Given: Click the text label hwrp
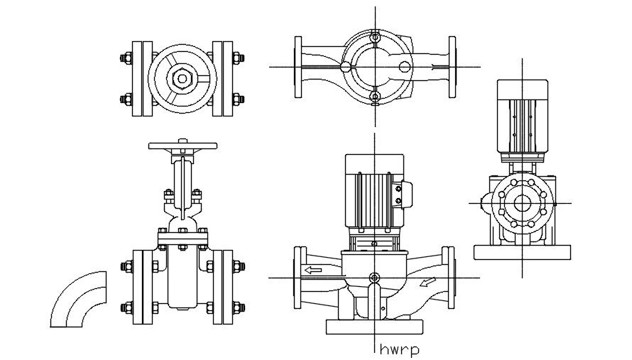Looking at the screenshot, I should coord(398,349).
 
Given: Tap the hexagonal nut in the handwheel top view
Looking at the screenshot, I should coord(182,77).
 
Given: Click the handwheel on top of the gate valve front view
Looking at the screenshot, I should coord(182,146).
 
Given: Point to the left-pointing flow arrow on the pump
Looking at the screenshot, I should coord(312,270).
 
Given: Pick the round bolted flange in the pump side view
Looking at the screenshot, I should coord(523,203).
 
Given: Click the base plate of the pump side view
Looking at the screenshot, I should coord(523,251).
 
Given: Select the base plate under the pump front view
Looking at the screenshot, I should coord(374,327).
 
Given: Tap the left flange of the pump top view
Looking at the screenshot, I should coord(299,67).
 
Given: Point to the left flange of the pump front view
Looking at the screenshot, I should coord(298,278).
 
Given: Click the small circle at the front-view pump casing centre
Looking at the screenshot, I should coord(374,277).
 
